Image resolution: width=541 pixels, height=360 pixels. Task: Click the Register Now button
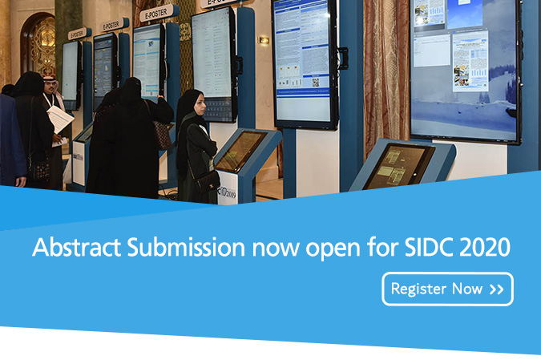tap(447, 289)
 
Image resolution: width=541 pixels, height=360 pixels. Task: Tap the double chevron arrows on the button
tap(496, 289)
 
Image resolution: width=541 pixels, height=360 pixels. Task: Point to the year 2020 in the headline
tap(483, 248)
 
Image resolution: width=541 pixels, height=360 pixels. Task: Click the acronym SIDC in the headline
tap(427, 248)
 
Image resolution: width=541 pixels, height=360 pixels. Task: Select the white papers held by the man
tap(61, 119)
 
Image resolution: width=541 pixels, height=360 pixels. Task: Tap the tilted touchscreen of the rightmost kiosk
tap(398, 165)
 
